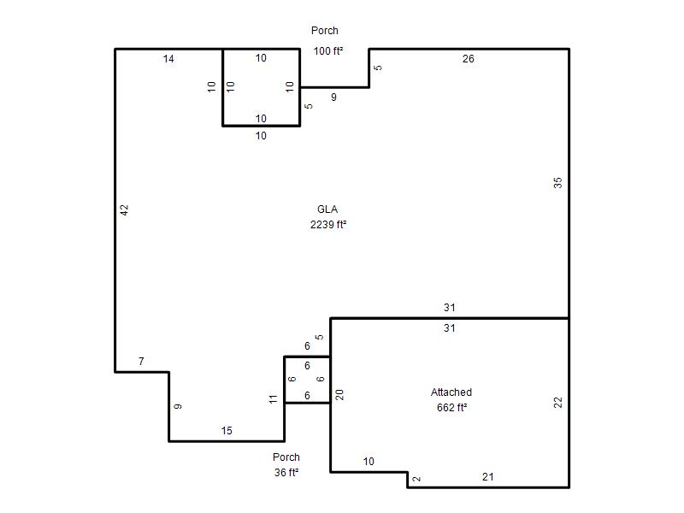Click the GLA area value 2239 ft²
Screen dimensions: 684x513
point(328,225)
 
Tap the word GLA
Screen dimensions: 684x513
point(327,209)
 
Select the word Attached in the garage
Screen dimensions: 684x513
point(451,392)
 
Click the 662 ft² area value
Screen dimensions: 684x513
point(451,408)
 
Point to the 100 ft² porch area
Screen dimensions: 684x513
point(328,51)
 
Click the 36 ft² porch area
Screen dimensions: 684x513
point(286,473)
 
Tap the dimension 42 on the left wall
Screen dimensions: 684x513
point(125,210)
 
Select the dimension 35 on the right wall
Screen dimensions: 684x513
point(558,183)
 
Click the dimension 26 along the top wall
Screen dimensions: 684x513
point(468,59)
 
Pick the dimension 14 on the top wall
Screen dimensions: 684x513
point(168,59)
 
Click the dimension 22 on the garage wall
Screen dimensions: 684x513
point(558,403)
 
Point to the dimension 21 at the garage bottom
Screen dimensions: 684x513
point(487,477)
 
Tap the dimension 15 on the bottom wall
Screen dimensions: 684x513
point(227,431)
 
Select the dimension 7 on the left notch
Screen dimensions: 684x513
point(141,362)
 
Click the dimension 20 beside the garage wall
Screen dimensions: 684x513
point(339,395)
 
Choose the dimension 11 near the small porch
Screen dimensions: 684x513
point(273,399)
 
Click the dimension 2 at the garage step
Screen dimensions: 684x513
point(416,479)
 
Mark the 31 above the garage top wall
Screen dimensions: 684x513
point(450,308)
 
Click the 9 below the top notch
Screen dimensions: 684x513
point(333,97)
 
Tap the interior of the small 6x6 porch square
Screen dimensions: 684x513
point(307,380)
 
